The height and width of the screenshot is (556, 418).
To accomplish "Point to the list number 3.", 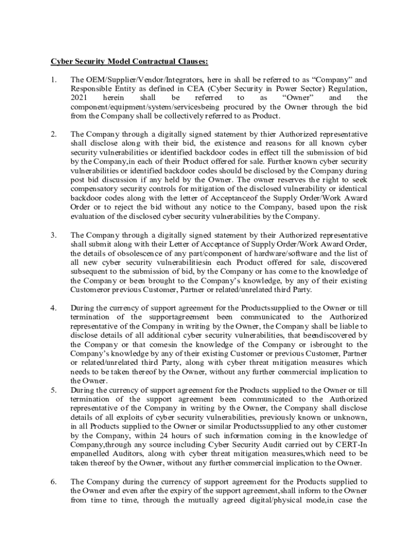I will click(53, 235).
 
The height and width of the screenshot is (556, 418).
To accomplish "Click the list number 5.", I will click(53, 390).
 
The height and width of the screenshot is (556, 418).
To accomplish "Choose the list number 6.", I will click(53, 481).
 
